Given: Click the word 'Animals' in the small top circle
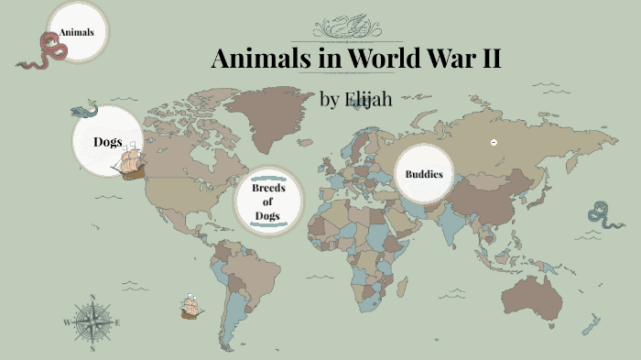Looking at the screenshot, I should (77, 33).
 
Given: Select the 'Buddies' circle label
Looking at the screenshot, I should (424, 173).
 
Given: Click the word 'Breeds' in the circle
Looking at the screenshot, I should (268, 187).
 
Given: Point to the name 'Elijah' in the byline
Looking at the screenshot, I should (368, 99).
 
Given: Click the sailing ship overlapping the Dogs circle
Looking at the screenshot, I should (130, 162).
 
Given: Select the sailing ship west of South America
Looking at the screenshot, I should (190, 307).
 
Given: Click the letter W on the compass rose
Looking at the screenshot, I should (67, 322).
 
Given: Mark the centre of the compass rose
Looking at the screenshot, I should (92, 322).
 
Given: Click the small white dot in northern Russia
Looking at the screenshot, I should (494, 142).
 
